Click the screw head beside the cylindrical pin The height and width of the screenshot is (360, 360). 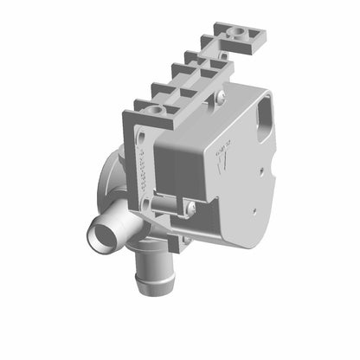[190, 207]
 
